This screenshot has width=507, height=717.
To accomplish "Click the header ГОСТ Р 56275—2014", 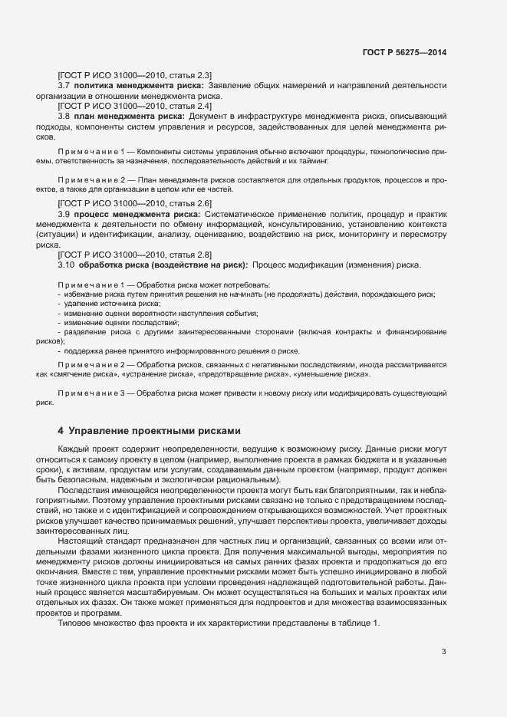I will point(403,53).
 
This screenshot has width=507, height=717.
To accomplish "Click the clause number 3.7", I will point(64,86).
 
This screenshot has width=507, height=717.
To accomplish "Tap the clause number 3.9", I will point(64,212).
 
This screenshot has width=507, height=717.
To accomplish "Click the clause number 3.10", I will point(66,265).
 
